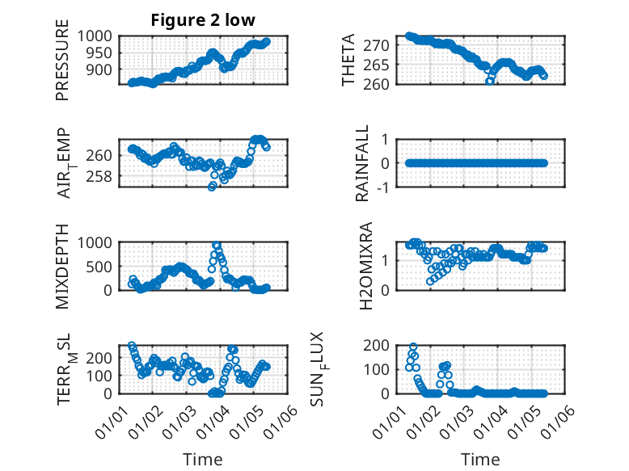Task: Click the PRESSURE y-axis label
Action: [62, 66]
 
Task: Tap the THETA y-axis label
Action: [348, 60]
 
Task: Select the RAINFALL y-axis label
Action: [363, 163]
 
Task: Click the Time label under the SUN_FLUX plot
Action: [480, 460]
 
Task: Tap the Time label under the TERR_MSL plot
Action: [203, 460]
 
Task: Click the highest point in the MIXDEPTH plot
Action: [216, 245]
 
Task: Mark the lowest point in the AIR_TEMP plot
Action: [212, 187]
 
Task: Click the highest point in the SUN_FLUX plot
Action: [413, 347]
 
